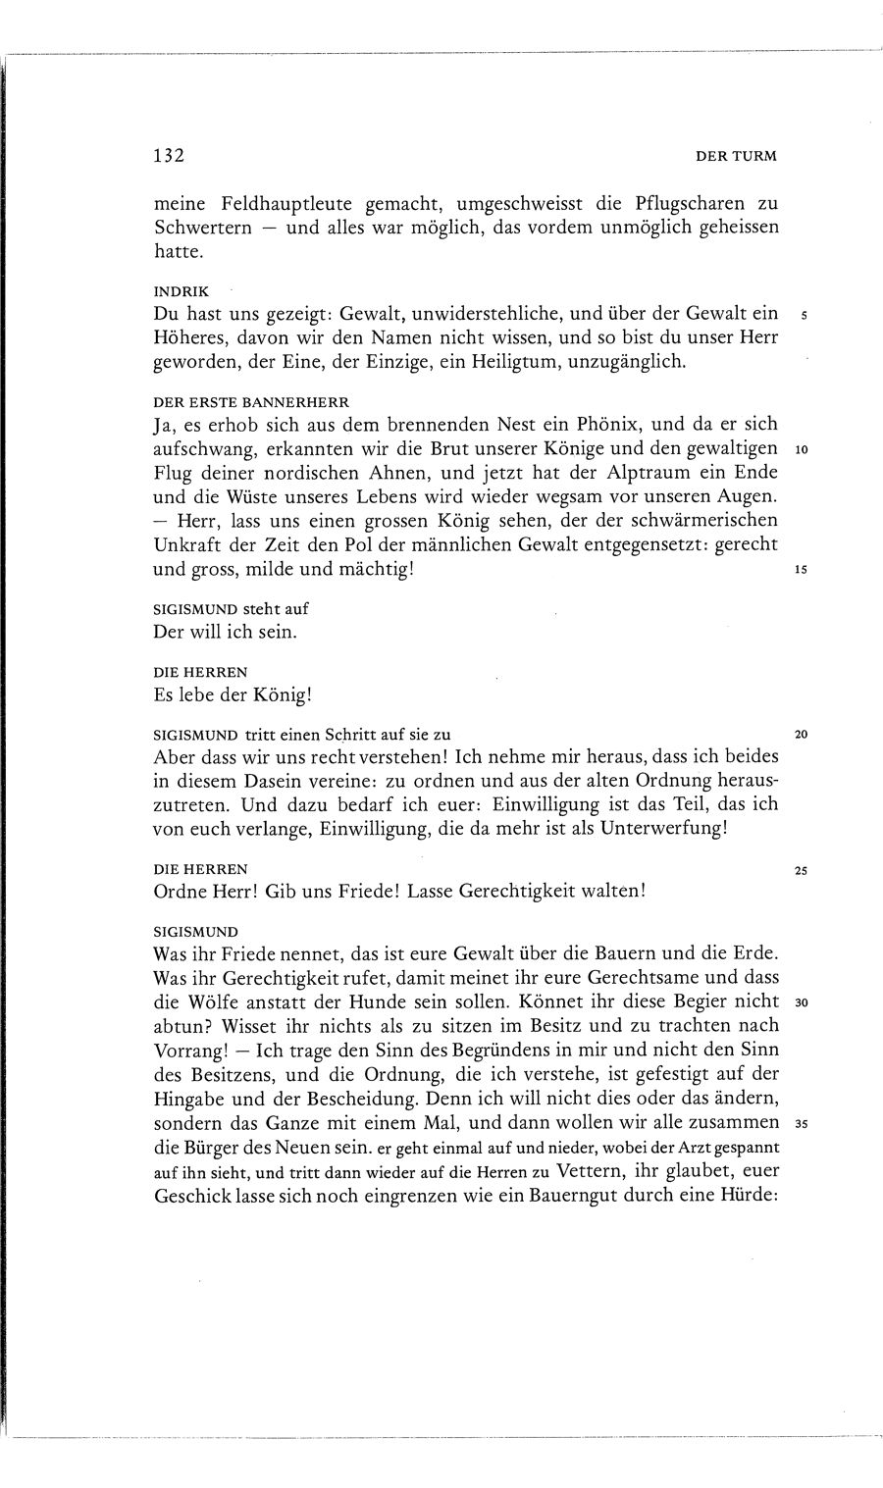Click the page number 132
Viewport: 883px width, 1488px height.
(x=170, y=155)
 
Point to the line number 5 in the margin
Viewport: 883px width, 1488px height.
(x=804, y=316)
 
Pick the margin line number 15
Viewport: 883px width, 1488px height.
(x=802, y=569)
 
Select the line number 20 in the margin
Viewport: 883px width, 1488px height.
(x=801, y=735)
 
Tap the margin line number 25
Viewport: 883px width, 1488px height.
(x=801, y=870)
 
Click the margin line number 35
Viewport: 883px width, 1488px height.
(x=801, y=1125)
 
